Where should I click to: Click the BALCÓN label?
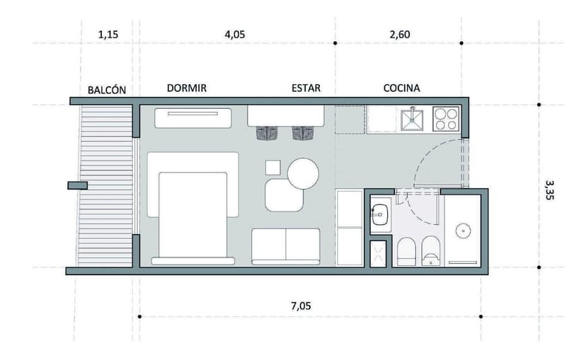[107, 90]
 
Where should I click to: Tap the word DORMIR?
[187, 88]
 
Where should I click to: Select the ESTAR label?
[306, 88]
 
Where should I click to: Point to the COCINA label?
[401, 88]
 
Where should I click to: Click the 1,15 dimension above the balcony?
[108, 34]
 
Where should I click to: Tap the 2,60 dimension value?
[399, 34]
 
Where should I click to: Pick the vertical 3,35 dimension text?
[550, 189]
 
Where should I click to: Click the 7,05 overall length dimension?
[300, 306]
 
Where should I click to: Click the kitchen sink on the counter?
[410, 120]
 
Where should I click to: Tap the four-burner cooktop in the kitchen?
[446, 119]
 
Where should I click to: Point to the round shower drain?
[464, 230]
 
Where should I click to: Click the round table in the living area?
[304, 173]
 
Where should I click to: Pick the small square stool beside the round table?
[273, 168]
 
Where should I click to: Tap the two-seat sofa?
[286, 245]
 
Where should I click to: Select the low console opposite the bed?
[193, 117]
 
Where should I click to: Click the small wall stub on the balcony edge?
[77, 185]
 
